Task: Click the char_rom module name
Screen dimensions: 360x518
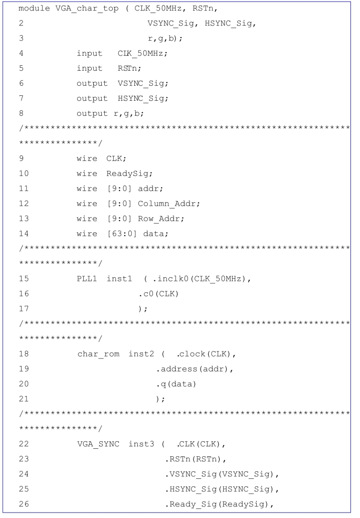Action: pos(98,354)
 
